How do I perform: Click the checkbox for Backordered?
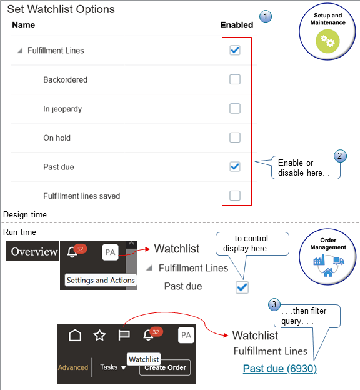235,79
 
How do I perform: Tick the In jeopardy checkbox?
235,109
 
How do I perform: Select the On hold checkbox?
235,137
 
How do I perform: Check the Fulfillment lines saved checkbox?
235,196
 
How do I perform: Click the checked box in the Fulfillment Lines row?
235,50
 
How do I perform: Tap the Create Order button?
165,367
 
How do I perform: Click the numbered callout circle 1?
266,17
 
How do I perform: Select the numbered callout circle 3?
274,305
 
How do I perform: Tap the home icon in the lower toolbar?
75,336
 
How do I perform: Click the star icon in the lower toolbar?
99,336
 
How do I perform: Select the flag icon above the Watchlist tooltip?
124,336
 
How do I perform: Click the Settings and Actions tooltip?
101,280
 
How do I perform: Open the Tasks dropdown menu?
114,367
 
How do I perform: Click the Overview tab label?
34,252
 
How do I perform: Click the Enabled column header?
237,26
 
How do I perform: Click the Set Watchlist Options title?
61,9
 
